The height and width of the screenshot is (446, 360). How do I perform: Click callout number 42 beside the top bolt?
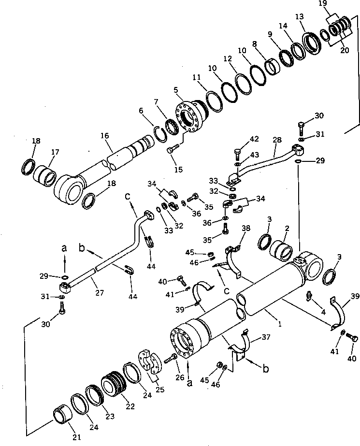point(255,139)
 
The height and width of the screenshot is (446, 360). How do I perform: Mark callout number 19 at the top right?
point(336,4)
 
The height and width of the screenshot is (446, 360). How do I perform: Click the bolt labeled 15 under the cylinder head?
point(172,150)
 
